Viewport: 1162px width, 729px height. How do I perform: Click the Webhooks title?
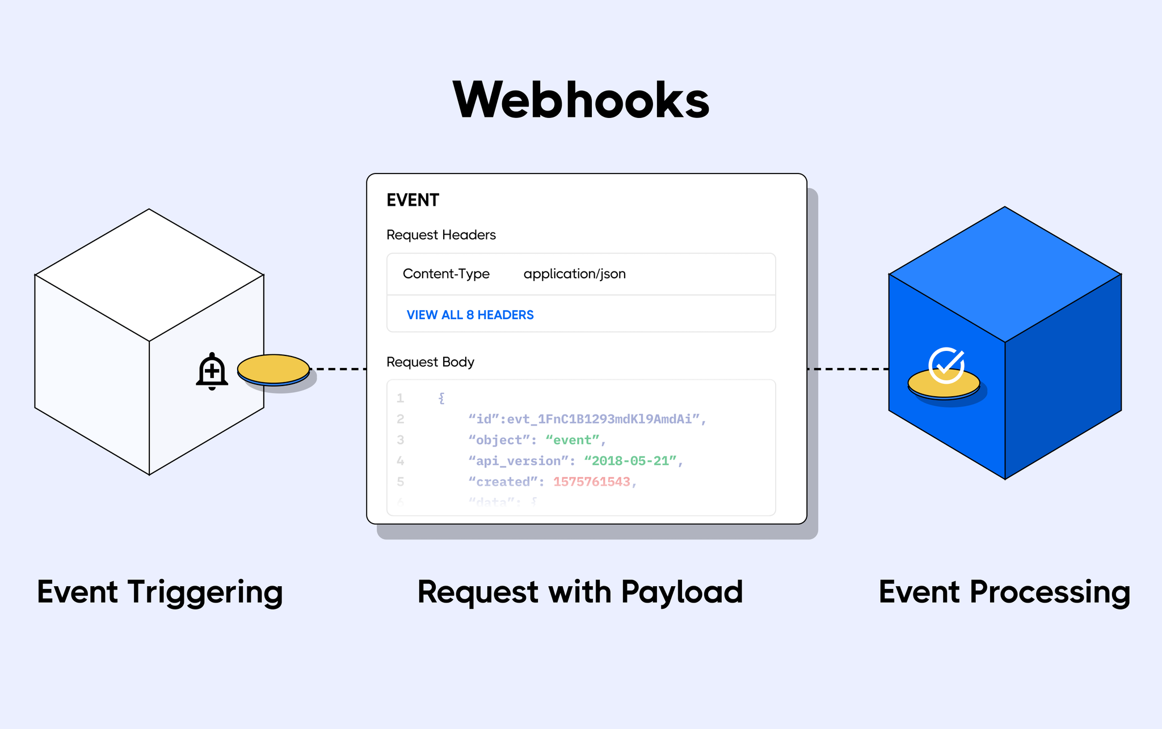(581, 100)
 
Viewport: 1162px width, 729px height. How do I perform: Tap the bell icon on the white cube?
(212, 372)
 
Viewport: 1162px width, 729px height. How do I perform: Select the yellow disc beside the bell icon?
(273, 369)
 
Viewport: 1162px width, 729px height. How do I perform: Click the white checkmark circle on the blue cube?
(946, 365)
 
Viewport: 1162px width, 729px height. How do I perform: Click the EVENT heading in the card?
(412, 200)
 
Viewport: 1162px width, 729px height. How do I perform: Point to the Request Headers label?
(441, 235)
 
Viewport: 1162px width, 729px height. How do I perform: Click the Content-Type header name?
(446, 274)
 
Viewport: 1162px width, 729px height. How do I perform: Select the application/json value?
(574, 274)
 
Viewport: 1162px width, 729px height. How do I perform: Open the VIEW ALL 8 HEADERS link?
(470, 315)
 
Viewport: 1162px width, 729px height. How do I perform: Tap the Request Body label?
(430, 362)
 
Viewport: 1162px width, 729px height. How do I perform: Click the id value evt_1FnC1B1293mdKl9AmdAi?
(599, 419)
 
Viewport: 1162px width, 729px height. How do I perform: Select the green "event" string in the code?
(572, 440)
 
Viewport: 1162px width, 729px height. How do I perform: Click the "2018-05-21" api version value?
(630, 461)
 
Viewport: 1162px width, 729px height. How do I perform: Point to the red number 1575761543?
(591, 482)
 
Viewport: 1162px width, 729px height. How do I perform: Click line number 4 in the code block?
(401, 461)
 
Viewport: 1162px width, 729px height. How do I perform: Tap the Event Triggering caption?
(159, 592)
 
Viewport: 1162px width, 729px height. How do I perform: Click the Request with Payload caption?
(580, 592)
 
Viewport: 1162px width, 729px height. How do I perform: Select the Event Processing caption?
(1004, 592)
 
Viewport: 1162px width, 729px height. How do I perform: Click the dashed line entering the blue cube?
(848, 369)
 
